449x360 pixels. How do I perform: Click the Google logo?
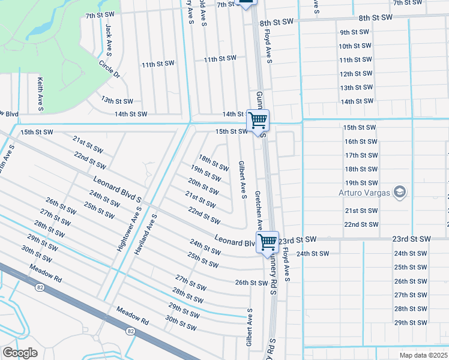point(20,353)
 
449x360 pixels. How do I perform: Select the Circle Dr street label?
point(110,69)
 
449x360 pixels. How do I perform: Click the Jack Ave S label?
point(108,37)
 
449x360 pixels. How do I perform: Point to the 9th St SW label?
point(354,32)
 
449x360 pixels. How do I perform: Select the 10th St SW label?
point(354,46)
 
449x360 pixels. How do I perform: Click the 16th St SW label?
point(361,142)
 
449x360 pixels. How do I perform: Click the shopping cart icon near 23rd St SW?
point(268,242)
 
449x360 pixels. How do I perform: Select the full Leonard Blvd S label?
point(116,188)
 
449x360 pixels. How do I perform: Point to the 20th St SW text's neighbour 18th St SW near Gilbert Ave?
point(214,163)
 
